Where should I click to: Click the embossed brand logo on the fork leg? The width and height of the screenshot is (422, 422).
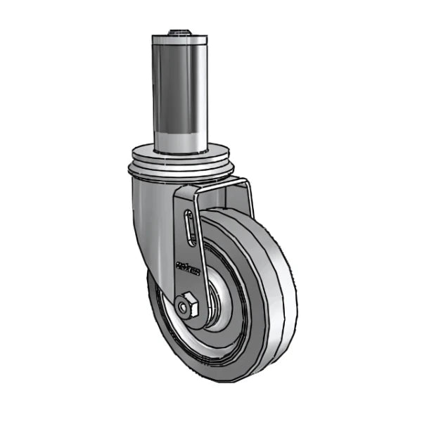[188, 267]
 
